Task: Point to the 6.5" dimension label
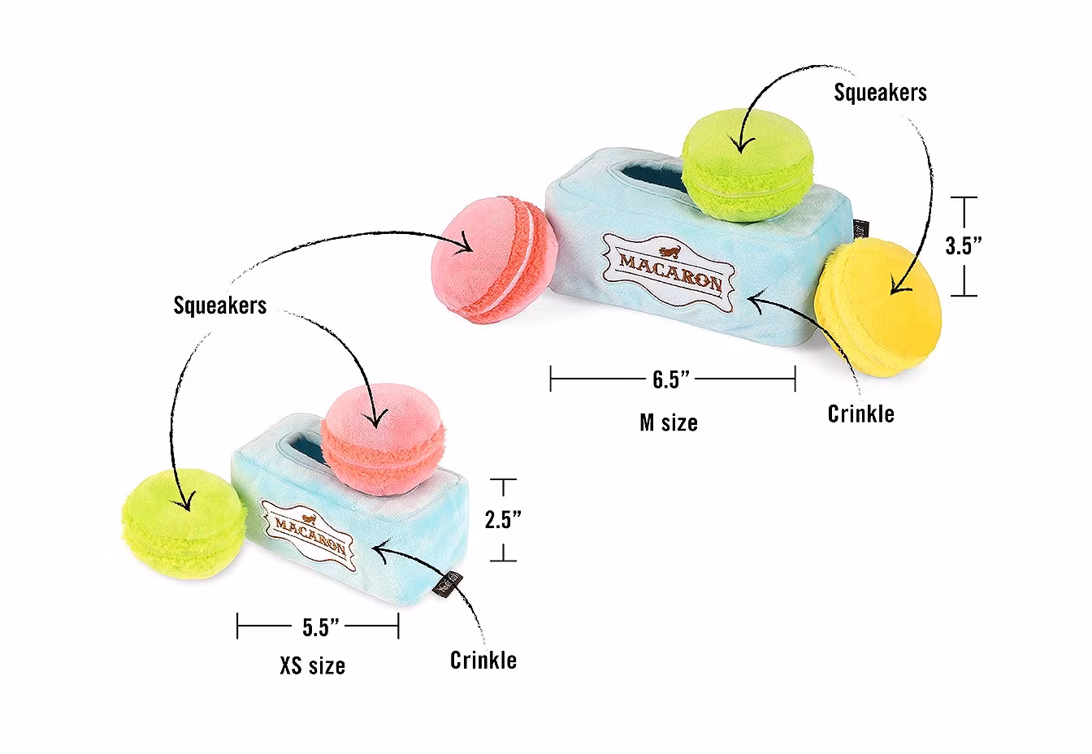coord(671,379)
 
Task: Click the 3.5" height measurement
coord(964,246)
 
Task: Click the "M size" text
coord(668,422)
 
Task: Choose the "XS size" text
coord(312,666)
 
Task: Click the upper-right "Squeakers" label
coord(879,93)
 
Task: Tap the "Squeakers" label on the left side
coord(219,305)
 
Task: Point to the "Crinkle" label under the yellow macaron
coord(860,414)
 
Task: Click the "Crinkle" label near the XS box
coord(483,660)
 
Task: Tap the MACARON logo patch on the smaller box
coord(308,528)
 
